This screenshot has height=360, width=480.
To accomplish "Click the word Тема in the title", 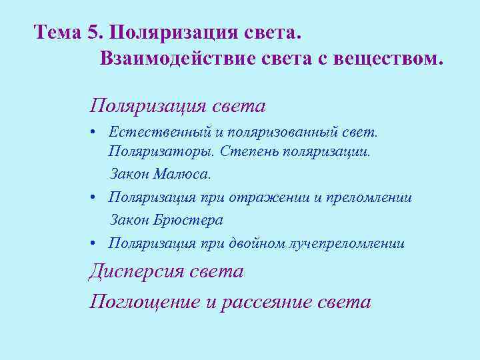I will coord(57,32).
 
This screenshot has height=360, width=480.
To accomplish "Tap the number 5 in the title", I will coord(92,32).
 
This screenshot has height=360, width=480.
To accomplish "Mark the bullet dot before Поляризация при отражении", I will coord(97,198).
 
